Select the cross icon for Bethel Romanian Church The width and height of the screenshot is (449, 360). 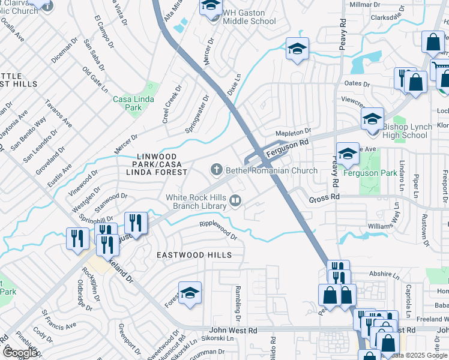click(x=216, y=171)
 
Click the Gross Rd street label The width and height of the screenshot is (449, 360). click(x=325, y=197)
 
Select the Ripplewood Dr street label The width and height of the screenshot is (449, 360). click(x=218, y=230)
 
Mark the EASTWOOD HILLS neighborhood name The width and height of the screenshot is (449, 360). click(x=194, y=255)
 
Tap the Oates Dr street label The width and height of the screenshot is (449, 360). click(x=356, y=83)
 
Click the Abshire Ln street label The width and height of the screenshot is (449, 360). click(x=385, y=275)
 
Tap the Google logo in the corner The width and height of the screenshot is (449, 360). click(x=20, y=353)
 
